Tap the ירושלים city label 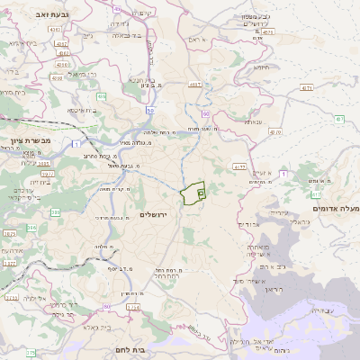(x=154, y=213)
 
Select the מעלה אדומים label (x=336, y=209)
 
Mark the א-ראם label (x=199, y=40)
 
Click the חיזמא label (x=262, y=67)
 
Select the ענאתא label (x=253, y=121)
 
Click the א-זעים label (x=261, y=173)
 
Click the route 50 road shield (x=150, y=110)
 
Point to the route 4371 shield (x=307, y=88)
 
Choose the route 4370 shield (x=274, y=132)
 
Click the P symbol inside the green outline (x=201, y=193)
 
